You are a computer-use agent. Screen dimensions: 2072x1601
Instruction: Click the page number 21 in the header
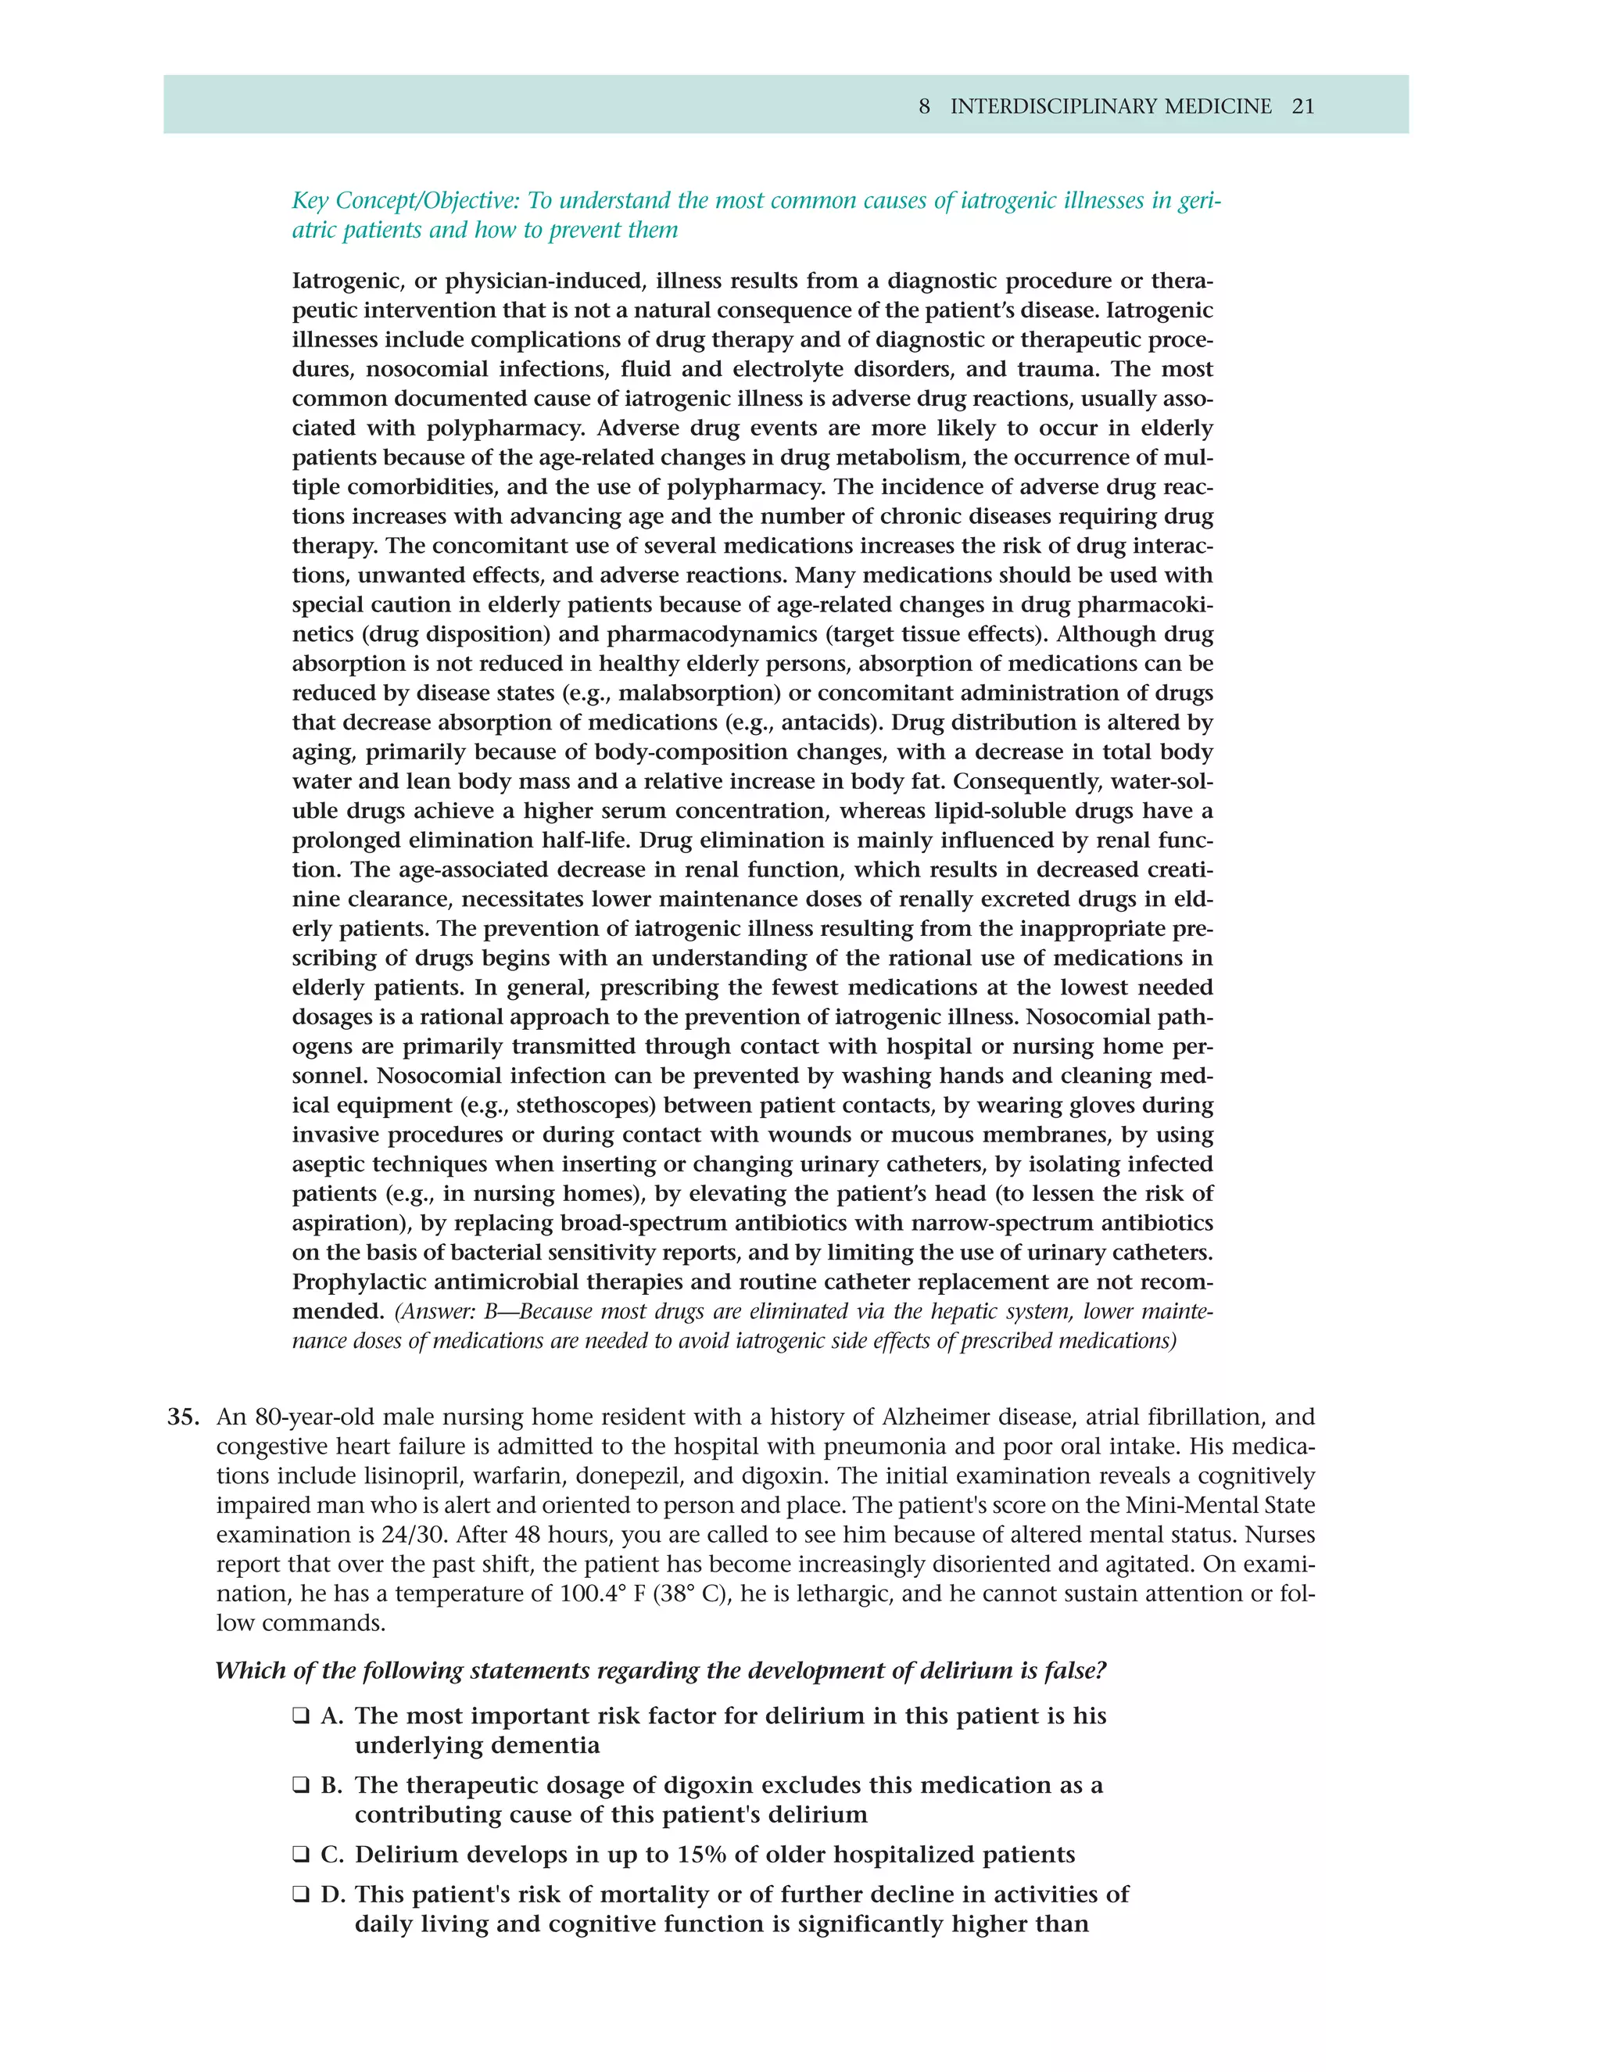click(x=1303, y=106)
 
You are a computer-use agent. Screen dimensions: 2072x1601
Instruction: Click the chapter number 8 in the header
click(x=924, y=106)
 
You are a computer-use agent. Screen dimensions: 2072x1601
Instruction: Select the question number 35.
click(x=183, y=1418)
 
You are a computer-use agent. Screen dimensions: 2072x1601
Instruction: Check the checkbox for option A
click(x=301, y=1716)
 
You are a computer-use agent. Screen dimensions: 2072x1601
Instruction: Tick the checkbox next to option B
click(x=301, y=1786)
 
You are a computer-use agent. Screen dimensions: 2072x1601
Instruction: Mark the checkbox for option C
click(x=301, y=1855)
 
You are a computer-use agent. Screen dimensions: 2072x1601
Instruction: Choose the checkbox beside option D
click(x=301, y=1895)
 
